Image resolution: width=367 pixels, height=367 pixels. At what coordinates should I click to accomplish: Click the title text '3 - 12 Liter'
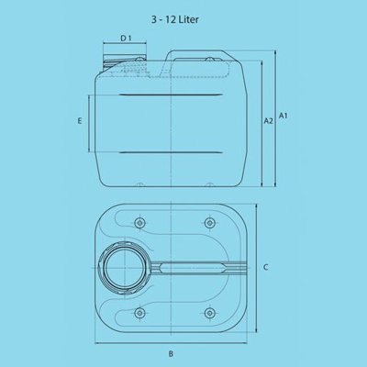click(174, 19)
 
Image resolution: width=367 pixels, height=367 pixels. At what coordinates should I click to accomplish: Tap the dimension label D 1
click(126, 39)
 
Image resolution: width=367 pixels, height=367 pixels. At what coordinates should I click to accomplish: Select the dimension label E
click(80, 121)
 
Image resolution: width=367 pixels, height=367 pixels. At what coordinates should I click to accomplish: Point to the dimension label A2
click(268, 121)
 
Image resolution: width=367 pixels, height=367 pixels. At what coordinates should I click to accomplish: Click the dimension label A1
click(284, 116)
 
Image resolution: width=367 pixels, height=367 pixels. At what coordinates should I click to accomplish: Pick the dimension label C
click(266, 267)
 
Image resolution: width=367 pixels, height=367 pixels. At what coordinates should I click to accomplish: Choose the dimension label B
click(171, 354)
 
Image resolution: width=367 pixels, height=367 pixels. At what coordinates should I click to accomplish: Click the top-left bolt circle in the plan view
click(140, 222)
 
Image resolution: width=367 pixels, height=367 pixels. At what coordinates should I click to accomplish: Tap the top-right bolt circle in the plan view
click(209, 222)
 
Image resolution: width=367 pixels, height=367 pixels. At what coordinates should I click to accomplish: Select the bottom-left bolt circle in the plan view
click(140, 313)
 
